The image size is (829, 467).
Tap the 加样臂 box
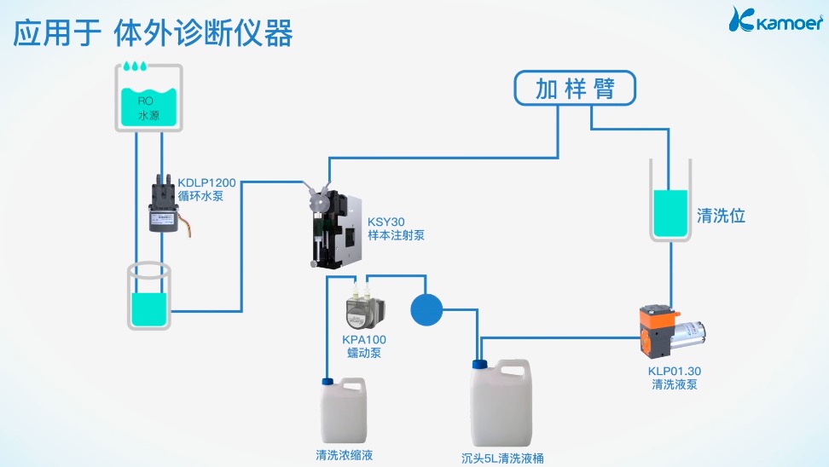(574, 89)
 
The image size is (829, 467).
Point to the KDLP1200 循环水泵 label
(206, 188)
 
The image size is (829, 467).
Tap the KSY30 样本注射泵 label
(395, 228)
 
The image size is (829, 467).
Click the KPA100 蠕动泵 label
(363, 346)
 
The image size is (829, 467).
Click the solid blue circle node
(427, 310)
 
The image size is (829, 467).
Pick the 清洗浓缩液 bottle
(344, 411)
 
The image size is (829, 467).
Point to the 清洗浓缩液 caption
(344, 455)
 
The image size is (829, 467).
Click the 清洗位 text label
(722, 216)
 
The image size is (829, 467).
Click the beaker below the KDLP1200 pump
(150, 297)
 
